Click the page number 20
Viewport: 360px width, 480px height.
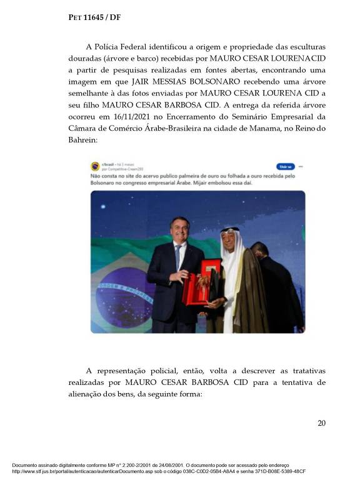pyautogui.click(x=321, y=423)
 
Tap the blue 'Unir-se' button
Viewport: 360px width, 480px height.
pyautogui.click(x=285, y=167)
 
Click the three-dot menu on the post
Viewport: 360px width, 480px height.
pyautogui.click(x=301, y=167)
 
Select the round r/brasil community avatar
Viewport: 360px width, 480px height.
pyautogui.click(x=95, y=166)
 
